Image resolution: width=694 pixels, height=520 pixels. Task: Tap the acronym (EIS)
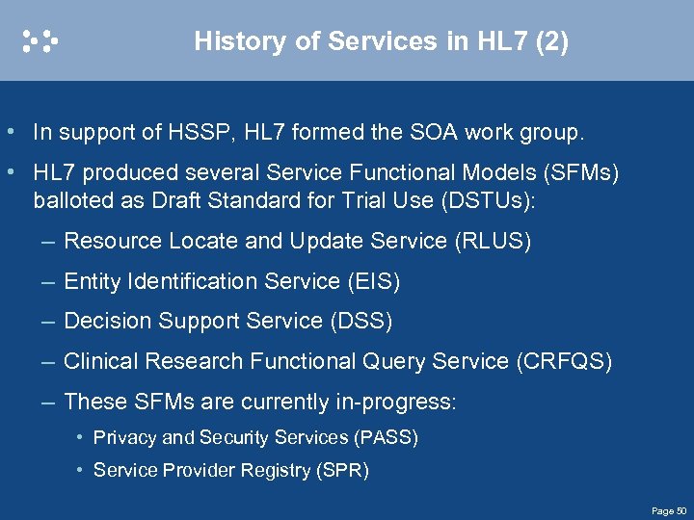coord(373,281)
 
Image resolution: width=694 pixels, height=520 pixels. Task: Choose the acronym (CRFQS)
coord(565,361)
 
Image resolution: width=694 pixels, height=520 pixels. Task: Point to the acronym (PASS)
coord(386,438)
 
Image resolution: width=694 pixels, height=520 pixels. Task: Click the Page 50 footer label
coord(668,510)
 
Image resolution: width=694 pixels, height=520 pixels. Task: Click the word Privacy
coord(124,438)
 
